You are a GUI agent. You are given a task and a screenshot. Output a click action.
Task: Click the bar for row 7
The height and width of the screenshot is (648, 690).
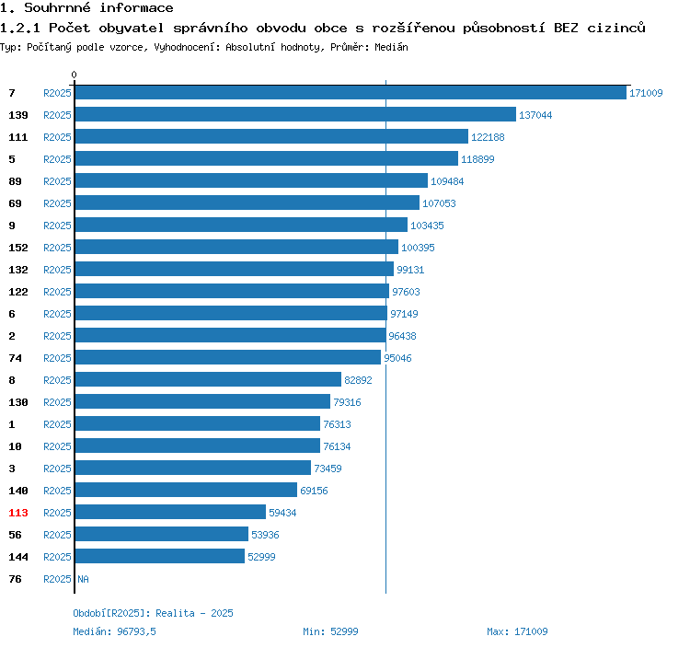(350, 92)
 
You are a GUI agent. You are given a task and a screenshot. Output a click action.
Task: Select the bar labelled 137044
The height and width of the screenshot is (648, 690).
(294, 114)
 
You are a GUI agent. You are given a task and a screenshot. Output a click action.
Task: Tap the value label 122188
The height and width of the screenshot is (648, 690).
(489, 137)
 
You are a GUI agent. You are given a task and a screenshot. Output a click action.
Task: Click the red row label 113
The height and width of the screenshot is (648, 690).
(18, 513)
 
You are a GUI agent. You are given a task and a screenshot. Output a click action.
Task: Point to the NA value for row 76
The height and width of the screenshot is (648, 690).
(83, 579)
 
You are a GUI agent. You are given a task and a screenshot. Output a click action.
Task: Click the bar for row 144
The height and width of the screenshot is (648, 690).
(159, 556)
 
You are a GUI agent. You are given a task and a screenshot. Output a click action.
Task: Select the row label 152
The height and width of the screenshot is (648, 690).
(18, 248)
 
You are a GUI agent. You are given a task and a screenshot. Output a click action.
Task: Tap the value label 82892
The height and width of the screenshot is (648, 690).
(358, 380)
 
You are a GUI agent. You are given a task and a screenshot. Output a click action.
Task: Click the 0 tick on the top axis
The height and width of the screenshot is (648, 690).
(75, 75)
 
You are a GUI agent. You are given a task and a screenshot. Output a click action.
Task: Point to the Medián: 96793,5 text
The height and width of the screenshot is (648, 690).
(115, 631)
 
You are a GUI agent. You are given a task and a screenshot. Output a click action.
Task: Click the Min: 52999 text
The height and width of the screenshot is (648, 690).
(330, 631)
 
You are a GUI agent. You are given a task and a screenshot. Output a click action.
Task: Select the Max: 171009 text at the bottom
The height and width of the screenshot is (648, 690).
(517, 631)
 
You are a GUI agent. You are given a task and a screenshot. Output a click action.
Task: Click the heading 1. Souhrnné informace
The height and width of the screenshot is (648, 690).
(86, 8)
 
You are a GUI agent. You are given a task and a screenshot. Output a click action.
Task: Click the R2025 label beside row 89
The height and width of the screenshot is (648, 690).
(57, 181)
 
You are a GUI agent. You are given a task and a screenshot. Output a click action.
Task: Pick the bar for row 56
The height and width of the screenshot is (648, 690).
(161, 534)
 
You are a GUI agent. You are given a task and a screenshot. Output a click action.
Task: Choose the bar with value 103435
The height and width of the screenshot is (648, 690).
(240, 225)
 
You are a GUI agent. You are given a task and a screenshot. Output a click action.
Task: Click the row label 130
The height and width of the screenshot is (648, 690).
(18, 402)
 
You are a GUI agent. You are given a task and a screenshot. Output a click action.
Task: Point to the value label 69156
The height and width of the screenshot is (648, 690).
(314, 491)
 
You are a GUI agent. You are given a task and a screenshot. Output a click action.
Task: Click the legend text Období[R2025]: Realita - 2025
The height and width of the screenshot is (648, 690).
(154, 613)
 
